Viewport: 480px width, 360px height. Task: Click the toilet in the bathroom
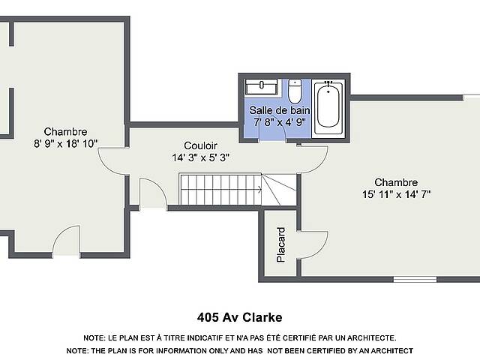(295, 91)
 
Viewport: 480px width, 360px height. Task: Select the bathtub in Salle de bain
(328, 108)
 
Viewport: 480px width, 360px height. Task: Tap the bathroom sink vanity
(262, 87)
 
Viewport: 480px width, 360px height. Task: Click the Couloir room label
(200, 145)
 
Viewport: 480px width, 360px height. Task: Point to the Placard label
(280, 244)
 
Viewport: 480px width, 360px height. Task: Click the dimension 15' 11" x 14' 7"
(397, 194)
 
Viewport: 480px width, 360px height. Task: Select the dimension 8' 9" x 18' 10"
(65, 143)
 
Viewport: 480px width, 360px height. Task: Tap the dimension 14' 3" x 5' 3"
(200, 157)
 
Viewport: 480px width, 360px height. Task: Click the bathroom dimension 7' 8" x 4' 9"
(279, 122)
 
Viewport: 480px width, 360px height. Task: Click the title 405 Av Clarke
(240, 317)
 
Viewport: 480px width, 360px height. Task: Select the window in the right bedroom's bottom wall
(415, 279)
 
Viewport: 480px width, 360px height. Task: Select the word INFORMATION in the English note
(175, 350)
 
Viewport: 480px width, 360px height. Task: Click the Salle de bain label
(280, 110)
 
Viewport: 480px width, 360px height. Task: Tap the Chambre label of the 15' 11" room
(396, 182)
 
